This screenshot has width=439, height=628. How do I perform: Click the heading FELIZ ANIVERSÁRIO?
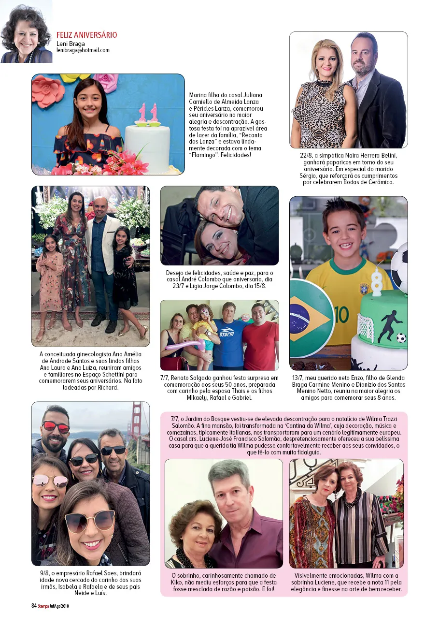tap(86, 35)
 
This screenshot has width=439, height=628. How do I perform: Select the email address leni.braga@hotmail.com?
tap(83, 50)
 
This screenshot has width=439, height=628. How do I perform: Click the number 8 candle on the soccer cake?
tap(377, 282)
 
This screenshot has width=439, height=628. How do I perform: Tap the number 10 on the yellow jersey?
tap(341, 315)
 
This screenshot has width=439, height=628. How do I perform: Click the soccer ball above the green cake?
tap(399, 268)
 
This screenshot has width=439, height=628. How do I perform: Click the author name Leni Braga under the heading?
tap(71, 44)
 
